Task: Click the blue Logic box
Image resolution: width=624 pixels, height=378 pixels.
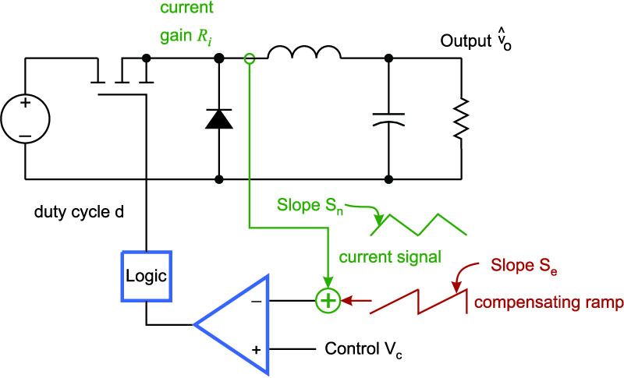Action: (147, 252)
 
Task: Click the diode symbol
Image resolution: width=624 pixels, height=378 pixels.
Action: (219, 118)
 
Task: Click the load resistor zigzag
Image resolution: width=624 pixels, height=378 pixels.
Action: (462, 118)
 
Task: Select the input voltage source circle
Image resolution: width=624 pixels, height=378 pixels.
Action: (25, 94)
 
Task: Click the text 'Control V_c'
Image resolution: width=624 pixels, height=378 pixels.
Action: (363, 349)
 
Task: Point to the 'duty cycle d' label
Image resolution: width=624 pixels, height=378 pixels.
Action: (79, 212)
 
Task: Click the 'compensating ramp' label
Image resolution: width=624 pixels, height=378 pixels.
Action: (549, 303)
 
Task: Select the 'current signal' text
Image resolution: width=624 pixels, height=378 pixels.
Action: (390, 257)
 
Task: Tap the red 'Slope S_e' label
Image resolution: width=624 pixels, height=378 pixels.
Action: (523, 266)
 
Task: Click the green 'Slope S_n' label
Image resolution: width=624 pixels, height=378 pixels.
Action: (310, 206)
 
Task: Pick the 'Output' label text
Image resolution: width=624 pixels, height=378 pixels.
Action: (466, 41)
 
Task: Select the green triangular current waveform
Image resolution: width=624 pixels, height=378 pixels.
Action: (418, 225)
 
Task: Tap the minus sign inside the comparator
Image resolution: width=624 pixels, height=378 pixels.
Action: (257, 302)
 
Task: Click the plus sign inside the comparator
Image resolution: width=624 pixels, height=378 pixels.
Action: (257, 350)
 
